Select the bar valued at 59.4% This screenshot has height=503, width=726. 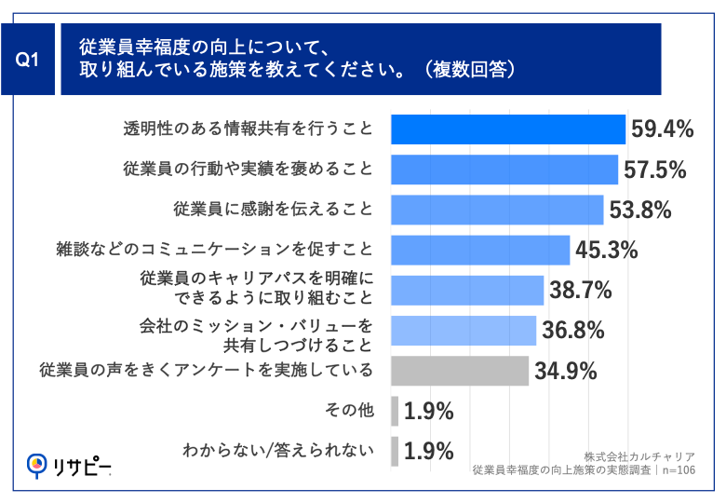[507, 129]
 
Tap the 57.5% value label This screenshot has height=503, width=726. [655, 170]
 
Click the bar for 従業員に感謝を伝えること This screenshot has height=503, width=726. [497, 210]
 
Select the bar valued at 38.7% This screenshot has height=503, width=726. [466, 290]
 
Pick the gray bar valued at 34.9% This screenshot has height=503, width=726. [459, 371]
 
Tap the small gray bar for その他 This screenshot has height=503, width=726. [395, 411]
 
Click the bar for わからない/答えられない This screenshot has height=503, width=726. [395, 451]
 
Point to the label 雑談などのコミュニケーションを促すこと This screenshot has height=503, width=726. [215, 250]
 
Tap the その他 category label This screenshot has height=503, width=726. [348, 411]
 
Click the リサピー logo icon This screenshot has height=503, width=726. [36, 463]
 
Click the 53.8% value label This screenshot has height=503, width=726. [640, 210]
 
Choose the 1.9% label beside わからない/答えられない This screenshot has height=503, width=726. [429, 451]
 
